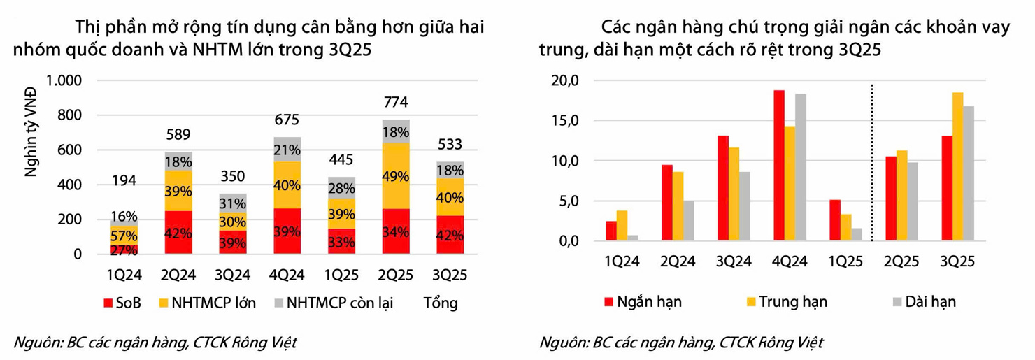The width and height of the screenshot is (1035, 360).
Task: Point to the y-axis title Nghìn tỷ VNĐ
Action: point(31,136)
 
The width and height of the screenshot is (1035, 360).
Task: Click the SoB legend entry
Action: point(120,303)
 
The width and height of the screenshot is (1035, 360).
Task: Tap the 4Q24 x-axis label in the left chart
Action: point(287,275)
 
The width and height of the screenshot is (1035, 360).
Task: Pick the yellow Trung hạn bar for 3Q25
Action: point(957,167)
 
